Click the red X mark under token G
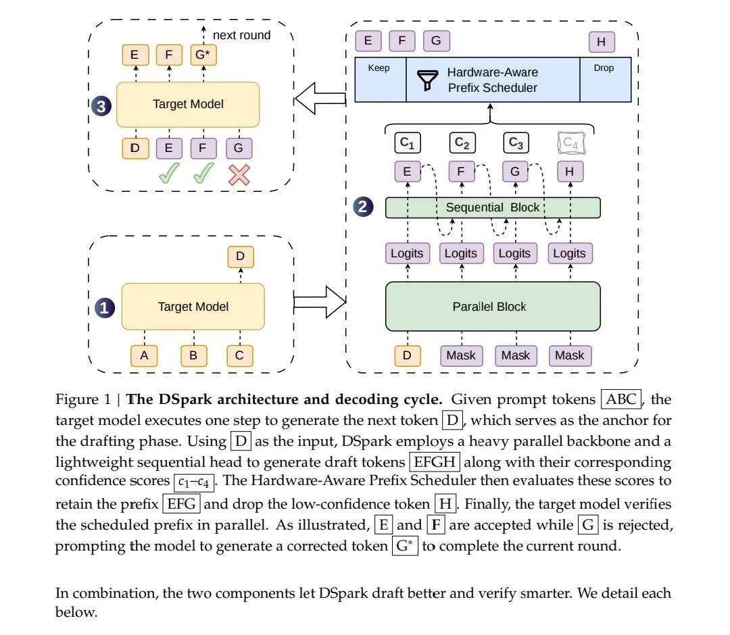pyautogui.click(x=239, y=176)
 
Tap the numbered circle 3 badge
pyautogui.click(x=101, y=106)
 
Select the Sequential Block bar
pyautogui.click(x=493, y=207)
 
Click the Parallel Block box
pyautogui.click(x=493, y=307)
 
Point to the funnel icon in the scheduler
pyautogui.click(x=427, y=80)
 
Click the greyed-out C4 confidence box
pyautogui.click(x=570, y=143)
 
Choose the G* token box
pyautogui.click(x=203, y=55)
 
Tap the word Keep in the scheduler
pyautogui.click(x=379, y=68)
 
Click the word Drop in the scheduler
pyautogui.click(x=604, y=68)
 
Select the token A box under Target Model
pyautogui.click(x=144, y=356)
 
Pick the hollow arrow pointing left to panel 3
pyautogui.click(x=320, y=98)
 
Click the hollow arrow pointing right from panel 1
pyautogui.click(x=320, y=303)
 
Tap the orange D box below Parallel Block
pyautogui.click(x=407, y=356)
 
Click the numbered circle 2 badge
pyautogui.click(x=363, y=207)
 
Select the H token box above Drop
pyautogui.click(x=602, y=42)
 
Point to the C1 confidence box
pyautogui.click(x=408, y=143)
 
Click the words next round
pyautogui.click(x=241, y=35)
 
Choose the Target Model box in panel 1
pyautogui.click(x=193, y=307)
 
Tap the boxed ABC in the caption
pyautogui.click(x=621, y=399)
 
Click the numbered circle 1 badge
pyautogui.click(x=105, y=308)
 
